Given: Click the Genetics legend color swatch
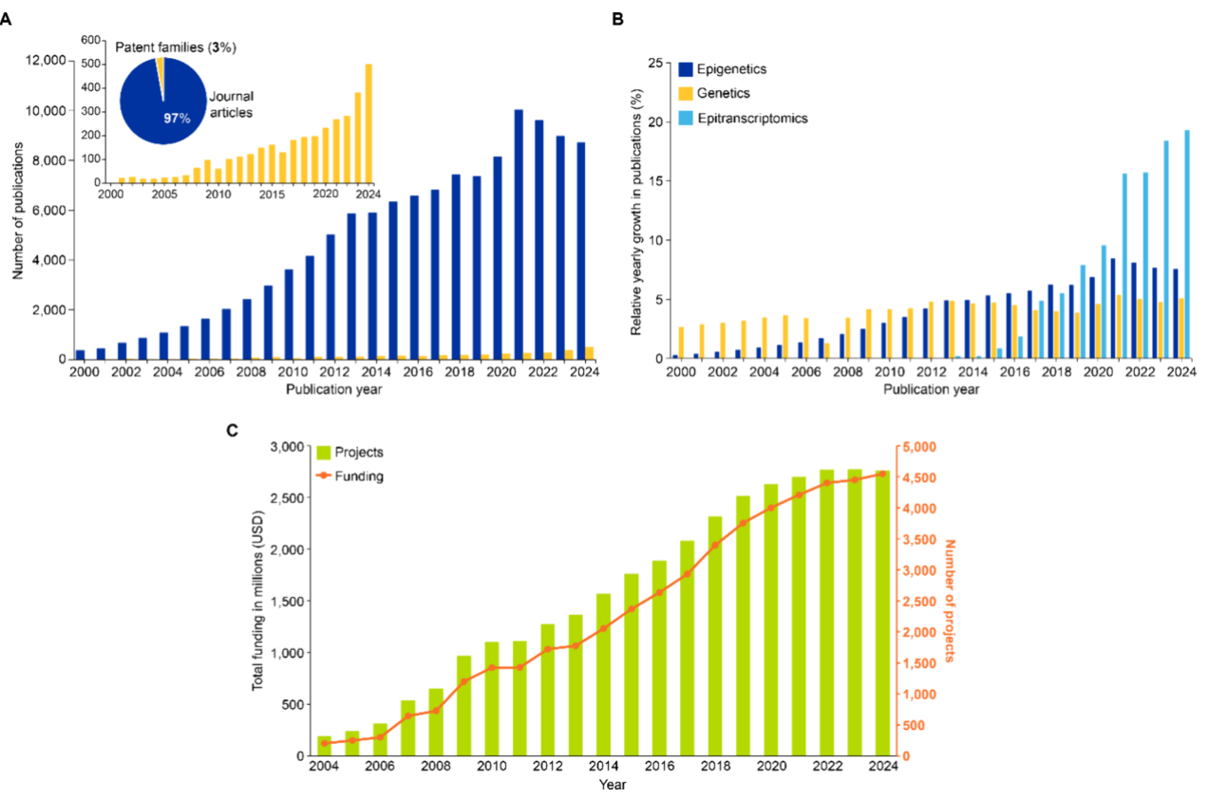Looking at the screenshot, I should pos(685,94).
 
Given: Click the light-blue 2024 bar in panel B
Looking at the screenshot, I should pos(1187,245).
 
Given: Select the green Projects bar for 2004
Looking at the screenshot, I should pos(324,746).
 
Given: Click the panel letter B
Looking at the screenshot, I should pos(617,18).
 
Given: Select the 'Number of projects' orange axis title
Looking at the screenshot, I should pos(949,601).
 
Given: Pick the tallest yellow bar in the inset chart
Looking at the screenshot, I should pos(368,122).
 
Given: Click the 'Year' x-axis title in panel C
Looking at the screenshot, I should pos(612,785).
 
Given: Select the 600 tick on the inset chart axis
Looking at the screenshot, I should pos(91,40).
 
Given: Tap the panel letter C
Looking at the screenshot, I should pos(233,430).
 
